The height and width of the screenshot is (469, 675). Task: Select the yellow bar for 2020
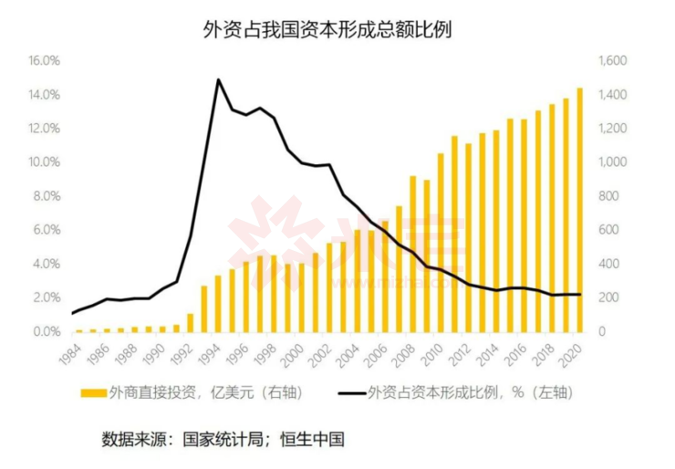tap(579, 210)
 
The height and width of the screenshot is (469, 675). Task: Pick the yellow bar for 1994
tap(217, 303)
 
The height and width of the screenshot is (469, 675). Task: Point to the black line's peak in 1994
tap(218, 79)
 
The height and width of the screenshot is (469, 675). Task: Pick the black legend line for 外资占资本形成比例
tap(346, 393)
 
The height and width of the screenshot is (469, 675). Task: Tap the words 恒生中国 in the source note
tap(315, 438)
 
